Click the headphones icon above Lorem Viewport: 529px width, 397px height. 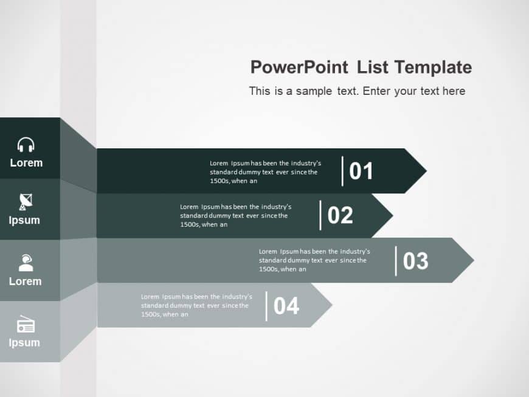pos(26,145)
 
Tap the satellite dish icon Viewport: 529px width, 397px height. pos(26,201)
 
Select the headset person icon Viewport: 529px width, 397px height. pos(26,263)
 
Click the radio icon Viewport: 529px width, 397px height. pos(26,325)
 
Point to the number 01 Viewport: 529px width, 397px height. pos(361,171)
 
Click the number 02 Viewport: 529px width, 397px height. pos(340,215)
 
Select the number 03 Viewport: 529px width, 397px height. pos(416,261)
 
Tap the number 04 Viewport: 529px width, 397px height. pos(286,306)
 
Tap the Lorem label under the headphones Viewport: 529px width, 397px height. pos(26,163)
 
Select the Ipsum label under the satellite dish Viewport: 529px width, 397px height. pos(24,220)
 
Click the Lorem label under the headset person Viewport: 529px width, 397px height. pos(26,281)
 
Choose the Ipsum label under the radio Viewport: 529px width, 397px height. pos(24,342)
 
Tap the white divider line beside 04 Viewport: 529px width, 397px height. pos(266,306)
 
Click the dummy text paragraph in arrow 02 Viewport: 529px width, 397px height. pos(235,215)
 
